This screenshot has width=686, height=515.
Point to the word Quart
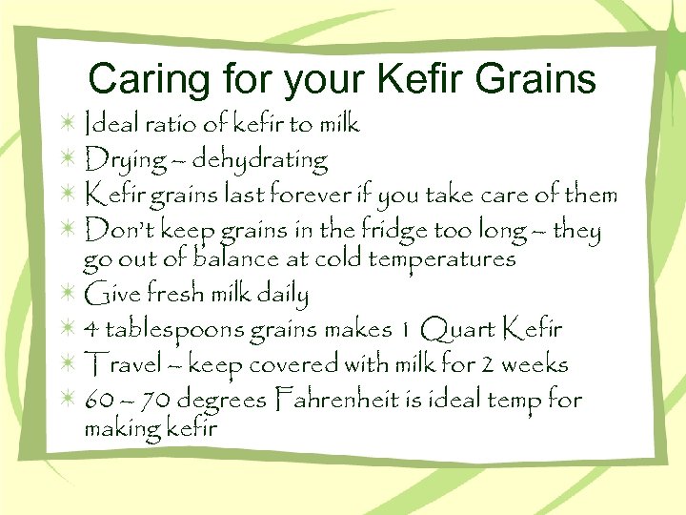(456, 330)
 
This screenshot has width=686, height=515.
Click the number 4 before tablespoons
(91, 331)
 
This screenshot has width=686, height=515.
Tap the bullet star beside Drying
(68, 160)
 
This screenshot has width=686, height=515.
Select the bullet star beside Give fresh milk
(68, 294)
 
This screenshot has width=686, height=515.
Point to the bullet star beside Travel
(68, 364)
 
